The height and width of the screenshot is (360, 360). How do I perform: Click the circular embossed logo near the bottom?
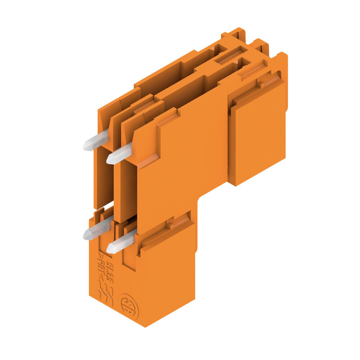tap(128, 306)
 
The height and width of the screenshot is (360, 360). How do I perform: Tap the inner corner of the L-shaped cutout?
tap(198, 198)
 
